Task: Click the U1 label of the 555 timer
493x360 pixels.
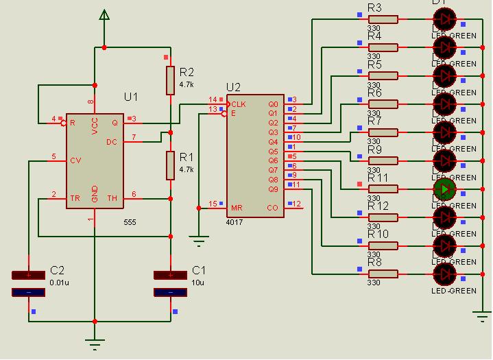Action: pyautogui.click(x=131, y=97)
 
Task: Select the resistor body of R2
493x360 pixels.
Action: pyautogui.click(x=171, y=80)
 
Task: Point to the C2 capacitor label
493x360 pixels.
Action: pyautogui.click(x=58, y=270)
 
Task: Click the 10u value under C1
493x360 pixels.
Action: pyautogui.click(x=198, y=282)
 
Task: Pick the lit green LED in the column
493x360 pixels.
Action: pyautogui.click(x=444, y=189)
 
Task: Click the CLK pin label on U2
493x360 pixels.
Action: pyautogui.click(x=239, y=104)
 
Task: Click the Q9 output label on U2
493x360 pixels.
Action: pyautogui.click(x=274, y=189)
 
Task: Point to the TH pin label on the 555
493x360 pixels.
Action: pyautogui.click(x=112, y=198)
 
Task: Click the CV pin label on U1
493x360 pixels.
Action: pyautogui.click(x=75, y=160)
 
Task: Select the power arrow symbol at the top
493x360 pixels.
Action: pyautogui.click(x=104, y=14)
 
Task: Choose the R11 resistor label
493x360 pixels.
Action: pyautogui.click(x=378, y=178)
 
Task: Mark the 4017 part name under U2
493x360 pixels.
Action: pyautogui.click(x=234, y=223)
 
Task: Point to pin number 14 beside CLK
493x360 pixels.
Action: pyautogui.click(x=213, y=100)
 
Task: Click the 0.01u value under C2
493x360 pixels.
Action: pyautogui.click(x=60, y=282)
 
